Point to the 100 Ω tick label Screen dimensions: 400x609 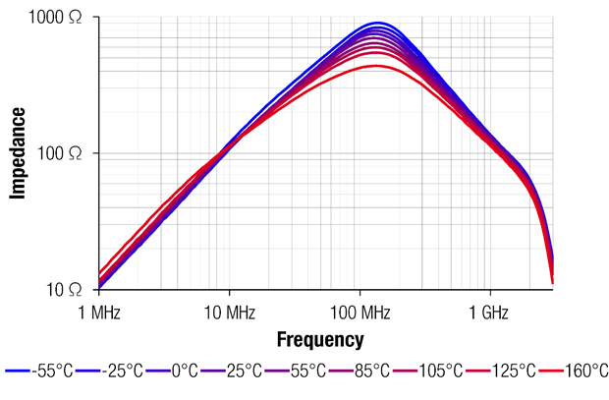coord(61,154)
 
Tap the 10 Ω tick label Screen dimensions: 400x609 coord(66,289)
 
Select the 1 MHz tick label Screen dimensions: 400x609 coord(98,313)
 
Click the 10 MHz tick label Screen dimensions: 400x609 coord(229,313)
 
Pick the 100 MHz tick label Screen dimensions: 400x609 coord(360,313)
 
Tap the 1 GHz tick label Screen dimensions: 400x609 coord(489,313)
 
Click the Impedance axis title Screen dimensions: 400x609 coord(18,153)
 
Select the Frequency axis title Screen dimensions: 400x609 coord(320,340)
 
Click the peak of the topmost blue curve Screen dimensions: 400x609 coord(376,23)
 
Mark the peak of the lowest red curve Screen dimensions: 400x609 coord(374,66)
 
